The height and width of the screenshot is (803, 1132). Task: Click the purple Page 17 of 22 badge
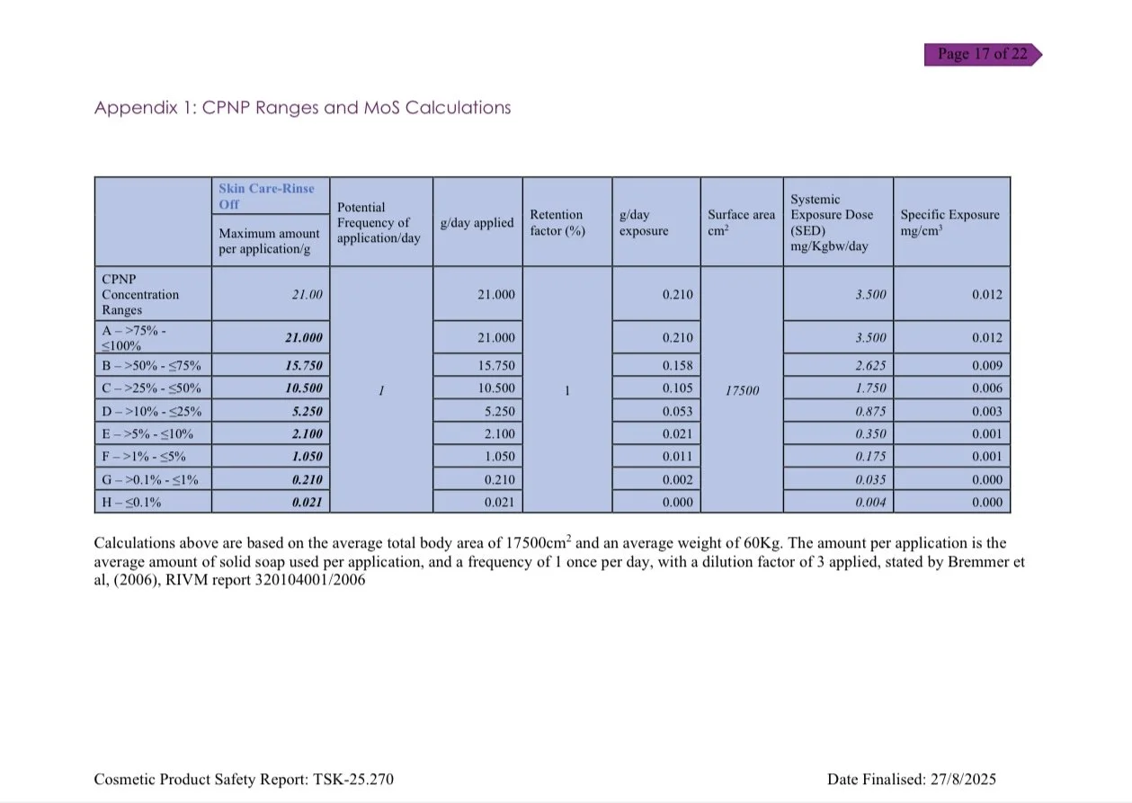coord(982,54)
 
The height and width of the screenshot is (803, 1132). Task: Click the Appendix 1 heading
coord(302,108)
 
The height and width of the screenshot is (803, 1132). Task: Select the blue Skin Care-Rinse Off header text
coord(266,196)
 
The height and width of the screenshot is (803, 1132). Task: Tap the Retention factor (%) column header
coord(556,222)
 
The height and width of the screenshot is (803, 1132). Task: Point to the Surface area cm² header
coord(741,222)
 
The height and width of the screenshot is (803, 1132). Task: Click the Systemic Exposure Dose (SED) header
coord(832,222)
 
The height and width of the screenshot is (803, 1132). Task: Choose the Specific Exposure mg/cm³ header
coord(949,222)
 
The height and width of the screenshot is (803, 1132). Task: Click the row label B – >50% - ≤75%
coord(151,366)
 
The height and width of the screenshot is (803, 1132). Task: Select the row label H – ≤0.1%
coord(132,503)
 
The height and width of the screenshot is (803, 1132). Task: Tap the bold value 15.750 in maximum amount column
coord(303,366)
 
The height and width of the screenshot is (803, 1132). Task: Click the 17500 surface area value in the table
coord(741,389)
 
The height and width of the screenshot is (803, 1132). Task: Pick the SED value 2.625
coord(869,366)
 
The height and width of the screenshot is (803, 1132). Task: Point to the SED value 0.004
coord(869,503)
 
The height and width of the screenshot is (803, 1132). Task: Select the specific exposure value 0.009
coord(986,366)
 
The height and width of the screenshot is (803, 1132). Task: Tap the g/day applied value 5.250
coord(499,412)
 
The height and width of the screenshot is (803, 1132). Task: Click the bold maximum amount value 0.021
coord(307,503)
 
